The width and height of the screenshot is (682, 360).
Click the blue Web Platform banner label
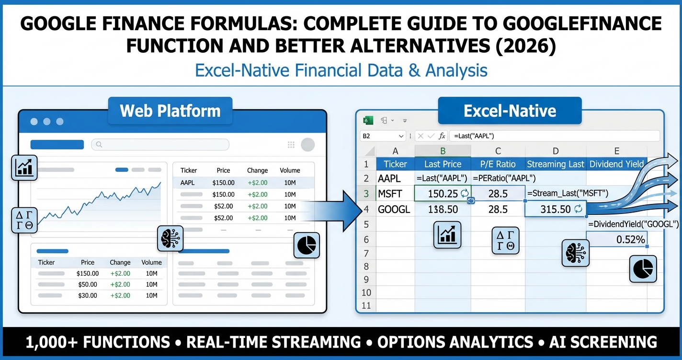coord(170,111)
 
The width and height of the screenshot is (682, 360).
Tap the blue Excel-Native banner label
coord(510,111)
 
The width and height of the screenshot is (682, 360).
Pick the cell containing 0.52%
coord(616,239)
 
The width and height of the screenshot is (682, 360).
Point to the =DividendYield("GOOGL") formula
coord(633,224)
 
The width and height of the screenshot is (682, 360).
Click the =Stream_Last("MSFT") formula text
coord(567,193)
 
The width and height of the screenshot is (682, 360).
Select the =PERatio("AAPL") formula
coord(504,179)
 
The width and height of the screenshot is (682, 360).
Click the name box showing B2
coord(382,136)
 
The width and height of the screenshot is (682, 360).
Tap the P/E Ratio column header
coord(498,164)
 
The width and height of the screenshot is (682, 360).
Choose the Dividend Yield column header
coord(616,164)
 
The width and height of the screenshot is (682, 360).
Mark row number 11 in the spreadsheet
coord(366,305)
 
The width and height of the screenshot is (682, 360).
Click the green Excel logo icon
coord(368,121)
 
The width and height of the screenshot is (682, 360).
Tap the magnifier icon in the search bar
coord(99,144)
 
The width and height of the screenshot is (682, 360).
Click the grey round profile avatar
coord(307,145)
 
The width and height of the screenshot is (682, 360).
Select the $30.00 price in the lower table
coord(87,295)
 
